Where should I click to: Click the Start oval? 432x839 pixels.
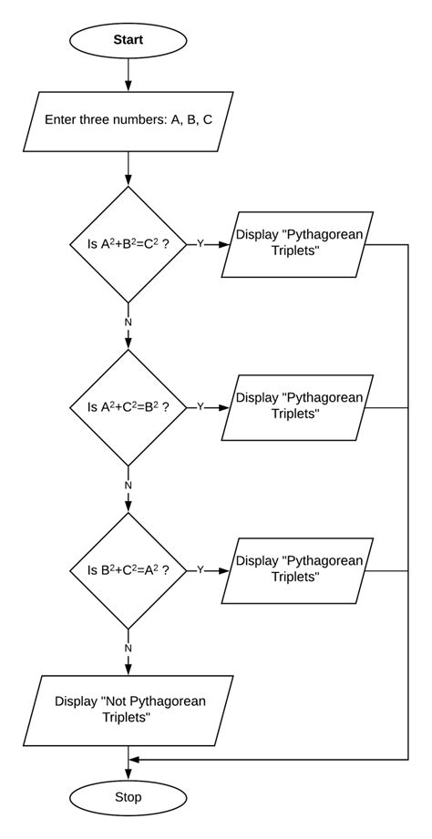point(129,40)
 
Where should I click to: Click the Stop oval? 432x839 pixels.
point(129,797)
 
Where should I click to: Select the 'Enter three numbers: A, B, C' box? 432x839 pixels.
point(129,120)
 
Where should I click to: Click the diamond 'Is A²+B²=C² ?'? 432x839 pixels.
point(129,244)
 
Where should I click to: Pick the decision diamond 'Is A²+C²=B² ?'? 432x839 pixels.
point(129,407)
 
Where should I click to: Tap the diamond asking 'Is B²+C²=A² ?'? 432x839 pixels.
point(129,570)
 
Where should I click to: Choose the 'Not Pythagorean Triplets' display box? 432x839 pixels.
point(128,708)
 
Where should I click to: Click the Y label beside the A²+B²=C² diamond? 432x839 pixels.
point(201,244)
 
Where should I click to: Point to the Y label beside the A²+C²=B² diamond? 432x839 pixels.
point(201,407)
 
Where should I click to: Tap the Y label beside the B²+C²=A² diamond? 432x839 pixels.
point(201,570)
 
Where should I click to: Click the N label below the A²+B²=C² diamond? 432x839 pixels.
point(129,322)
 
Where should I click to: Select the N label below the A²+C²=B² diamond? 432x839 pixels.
point(129,486)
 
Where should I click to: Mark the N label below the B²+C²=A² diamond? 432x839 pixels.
point(129,648)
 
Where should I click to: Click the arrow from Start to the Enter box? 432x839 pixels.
point(129,76)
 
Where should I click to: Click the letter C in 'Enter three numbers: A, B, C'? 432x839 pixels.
point(207,120)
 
